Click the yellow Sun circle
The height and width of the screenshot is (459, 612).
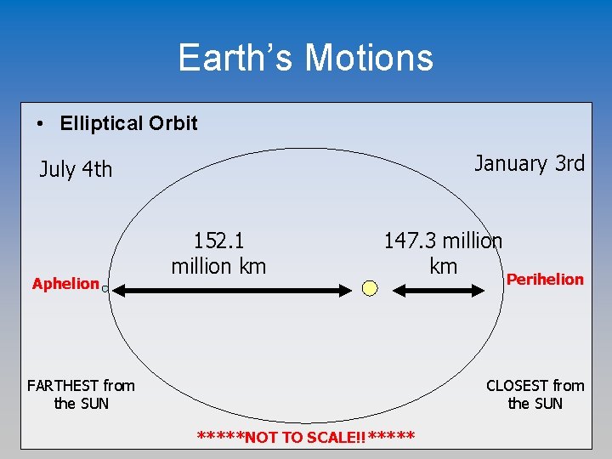coord(370,288)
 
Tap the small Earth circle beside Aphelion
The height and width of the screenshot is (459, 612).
coord(105,289)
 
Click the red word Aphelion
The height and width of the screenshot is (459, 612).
coord(65,284)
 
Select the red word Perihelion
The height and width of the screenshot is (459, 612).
coord(545,279)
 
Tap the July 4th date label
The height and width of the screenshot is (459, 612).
coord(76,170)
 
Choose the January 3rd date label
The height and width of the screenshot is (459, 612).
coord(529,163)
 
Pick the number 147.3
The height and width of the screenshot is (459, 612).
coord(411,241)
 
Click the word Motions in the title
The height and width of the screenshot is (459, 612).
coord(369,58)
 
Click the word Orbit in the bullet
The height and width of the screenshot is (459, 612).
coord(173,123)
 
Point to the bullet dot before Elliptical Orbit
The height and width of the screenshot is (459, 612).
coord(41,124)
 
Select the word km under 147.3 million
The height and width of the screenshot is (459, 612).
coord(443,266)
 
